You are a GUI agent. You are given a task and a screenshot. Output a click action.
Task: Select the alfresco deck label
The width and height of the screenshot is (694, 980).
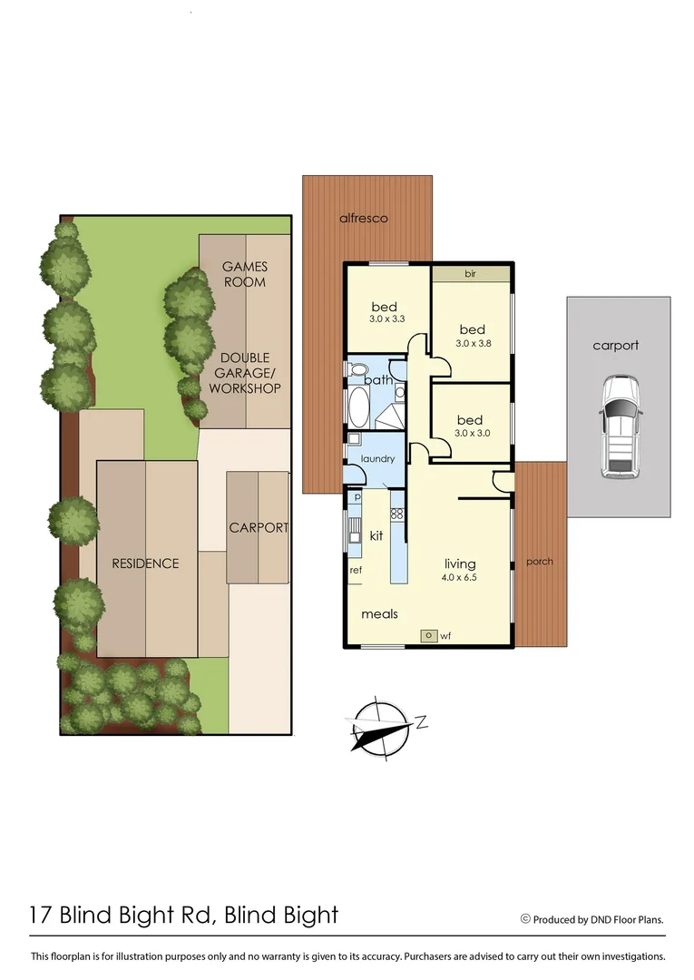(364, 219)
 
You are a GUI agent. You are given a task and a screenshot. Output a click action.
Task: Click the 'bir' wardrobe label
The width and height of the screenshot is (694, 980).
(470, 272)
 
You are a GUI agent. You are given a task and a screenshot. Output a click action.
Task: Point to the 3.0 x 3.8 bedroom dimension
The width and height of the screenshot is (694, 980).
(472, 344)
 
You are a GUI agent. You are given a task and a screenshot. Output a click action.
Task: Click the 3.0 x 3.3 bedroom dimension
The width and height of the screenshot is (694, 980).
(386, 320)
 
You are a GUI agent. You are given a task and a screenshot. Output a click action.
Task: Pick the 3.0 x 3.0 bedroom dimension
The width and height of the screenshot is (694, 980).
(472, 434)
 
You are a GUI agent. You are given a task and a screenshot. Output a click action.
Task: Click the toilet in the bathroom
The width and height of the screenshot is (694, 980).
(357, 370)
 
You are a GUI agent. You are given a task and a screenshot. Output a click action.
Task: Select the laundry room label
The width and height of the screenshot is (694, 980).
(377, 459)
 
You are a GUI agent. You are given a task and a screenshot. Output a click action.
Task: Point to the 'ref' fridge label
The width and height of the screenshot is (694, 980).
(356, 570)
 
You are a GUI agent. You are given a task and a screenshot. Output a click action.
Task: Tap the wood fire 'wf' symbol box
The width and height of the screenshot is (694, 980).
(427, 636)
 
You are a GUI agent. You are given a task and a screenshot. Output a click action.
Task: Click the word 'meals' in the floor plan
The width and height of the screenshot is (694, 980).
(380, 614)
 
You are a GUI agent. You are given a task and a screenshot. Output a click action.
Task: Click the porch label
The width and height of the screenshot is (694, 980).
(539, 562)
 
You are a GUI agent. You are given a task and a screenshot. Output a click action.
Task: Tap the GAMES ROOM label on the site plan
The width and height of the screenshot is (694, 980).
(244, 274)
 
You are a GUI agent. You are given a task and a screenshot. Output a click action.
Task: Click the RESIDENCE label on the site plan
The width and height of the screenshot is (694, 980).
(145, 563)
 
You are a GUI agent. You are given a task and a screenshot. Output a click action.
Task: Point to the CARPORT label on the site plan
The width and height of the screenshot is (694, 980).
(259, 527)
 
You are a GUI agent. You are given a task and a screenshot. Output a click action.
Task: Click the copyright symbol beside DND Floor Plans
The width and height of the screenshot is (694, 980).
(524, 918)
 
